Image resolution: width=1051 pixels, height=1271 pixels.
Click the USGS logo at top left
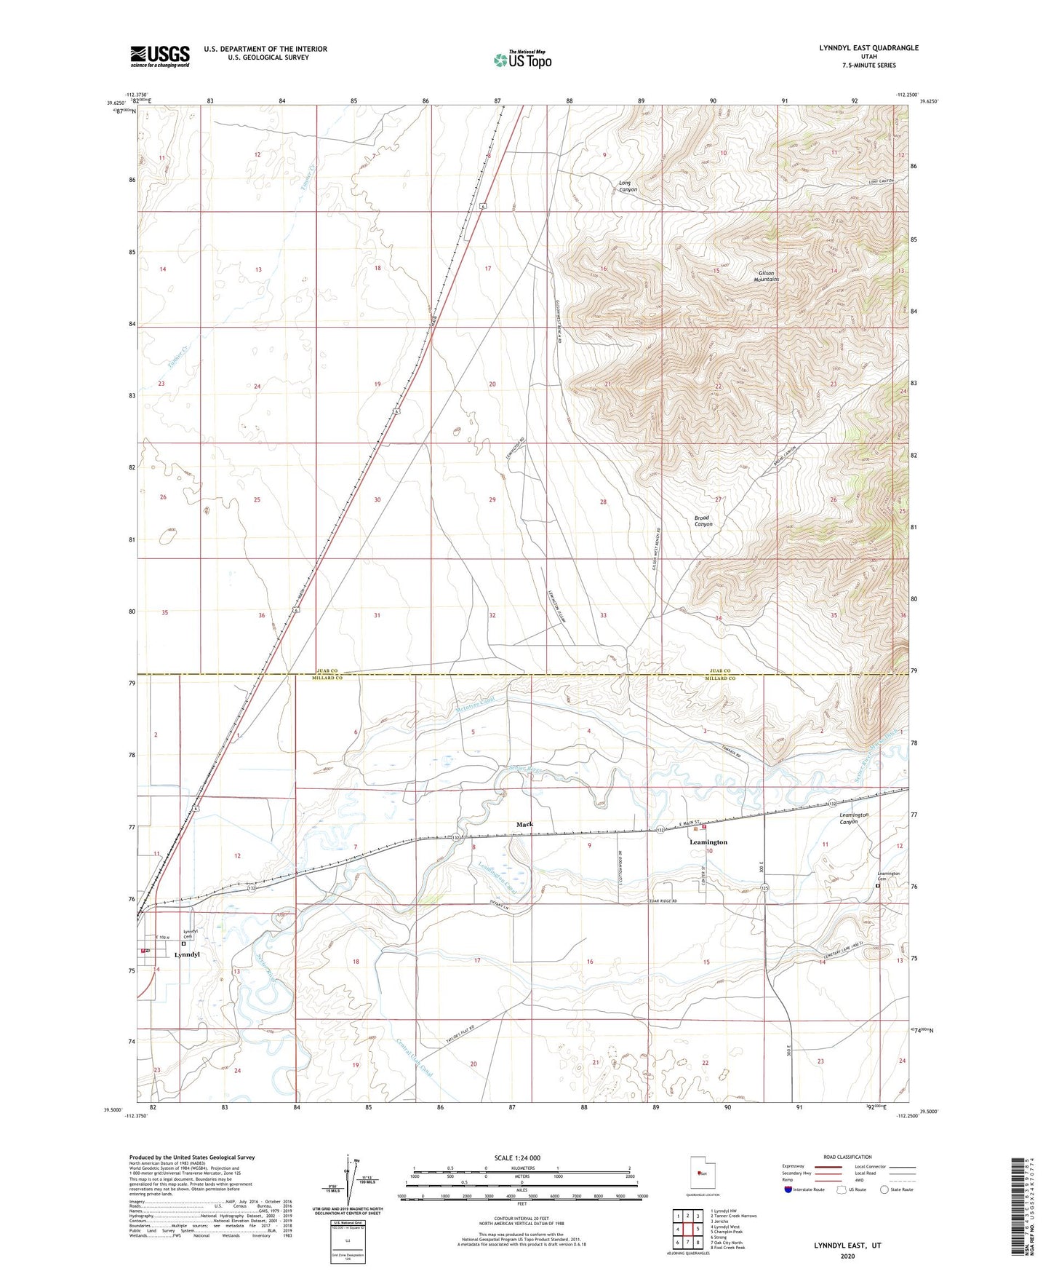[x=160, y=56]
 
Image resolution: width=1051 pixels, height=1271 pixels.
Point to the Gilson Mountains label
[x=766, y=276]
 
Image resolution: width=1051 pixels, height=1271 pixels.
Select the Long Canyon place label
[x=628, y=186]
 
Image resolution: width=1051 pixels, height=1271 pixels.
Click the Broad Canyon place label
[x=703, y=520]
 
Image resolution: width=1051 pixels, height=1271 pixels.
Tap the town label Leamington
[x=708, y=842]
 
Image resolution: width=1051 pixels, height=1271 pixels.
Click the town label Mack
[x=524, y=824]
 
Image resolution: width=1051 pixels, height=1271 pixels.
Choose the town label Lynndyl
[x=187, y=954]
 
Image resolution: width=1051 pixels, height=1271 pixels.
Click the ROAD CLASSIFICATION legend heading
[x=848, y=1157]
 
